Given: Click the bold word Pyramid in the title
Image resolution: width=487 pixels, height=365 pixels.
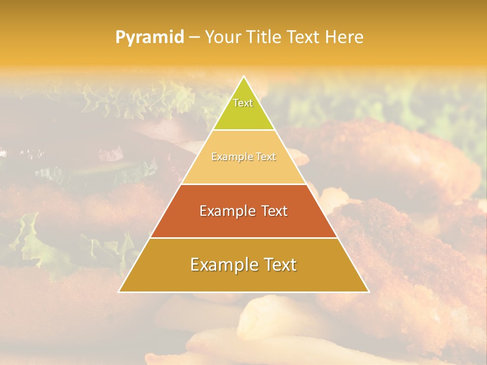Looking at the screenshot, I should point(149,38).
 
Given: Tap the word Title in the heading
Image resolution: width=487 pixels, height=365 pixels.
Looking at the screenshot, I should point(265,37).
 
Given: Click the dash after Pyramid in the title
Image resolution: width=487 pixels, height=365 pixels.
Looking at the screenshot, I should point(194,38).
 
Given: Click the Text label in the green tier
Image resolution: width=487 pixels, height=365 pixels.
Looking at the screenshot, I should point(243,103).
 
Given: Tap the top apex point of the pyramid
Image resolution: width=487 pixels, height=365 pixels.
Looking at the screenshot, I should point(243,77).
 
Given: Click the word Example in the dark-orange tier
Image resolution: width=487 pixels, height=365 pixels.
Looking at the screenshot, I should point(227,211).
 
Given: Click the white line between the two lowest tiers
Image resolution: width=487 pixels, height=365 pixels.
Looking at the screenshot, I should point(243,238).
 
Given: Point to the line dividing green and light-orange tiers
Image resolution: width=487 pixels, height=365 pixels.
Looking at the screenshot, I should point(243,130).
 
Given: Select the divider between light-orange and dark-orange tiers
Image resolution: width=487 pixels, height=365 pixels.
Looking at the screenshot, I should point(243,184).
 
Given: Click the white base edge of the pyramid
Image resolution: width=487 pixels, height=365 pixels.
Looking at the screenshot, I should point(243,292).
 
